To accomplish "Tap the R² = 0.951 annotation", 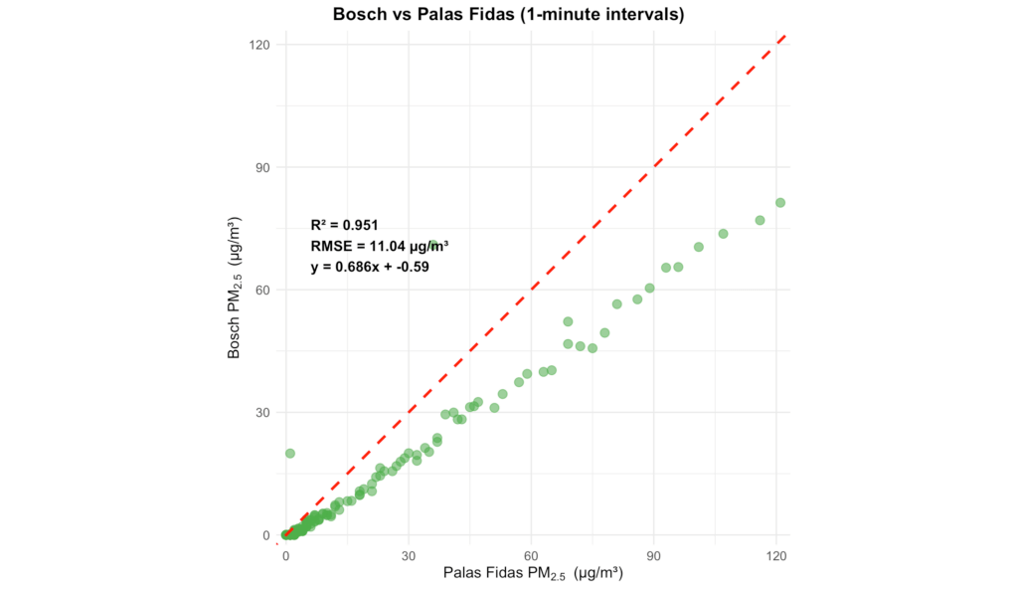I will tap(344, 225).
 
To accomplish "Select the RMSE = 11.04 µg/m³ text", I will tap(379, 246).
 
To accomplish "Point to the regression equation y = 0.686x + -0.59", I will tap(370, 267).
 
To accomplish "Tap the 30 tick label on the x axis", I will tap(409, 554).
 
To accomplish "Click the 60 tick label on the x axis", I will tap(532, 554).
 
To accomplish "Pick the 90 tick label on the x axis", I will tap(654, 554).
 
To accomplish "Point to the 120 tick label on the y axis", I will tap(260, 45).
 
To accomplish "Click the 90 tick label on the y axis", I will tap(264, 167).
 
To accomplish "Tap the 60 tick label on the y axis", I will tap(264, 290).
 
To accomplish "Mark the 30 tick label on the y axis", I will tap(264, 412).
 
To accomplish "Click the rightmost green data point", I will tap(780, 202).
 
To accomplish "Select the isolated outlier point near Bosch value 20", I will tap(290, 453).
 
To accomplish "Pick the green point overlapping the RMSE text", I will tap(433, 245).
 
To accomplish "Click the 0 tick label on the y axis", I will tap(267, 535).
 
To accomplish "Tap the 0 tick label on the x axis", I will tap(286, 554).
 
